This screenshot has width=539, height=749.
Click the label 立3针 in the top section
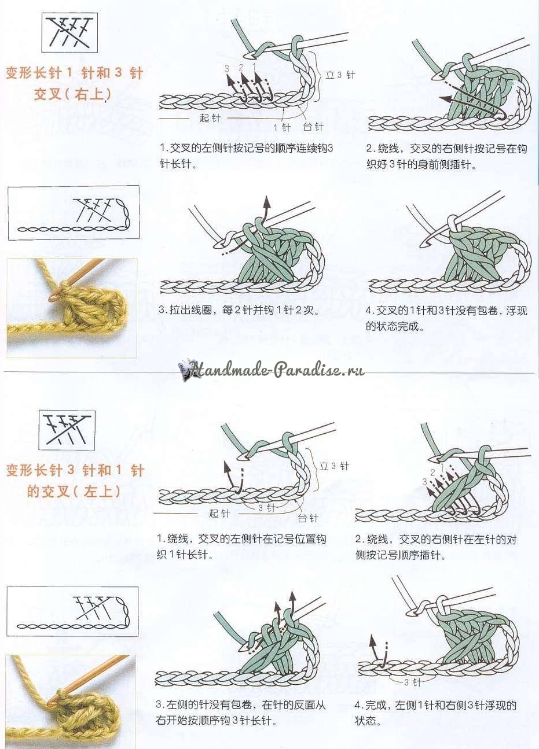tap(340, 75)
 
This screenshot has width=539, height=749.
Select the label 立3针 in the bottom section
tap(334, 466)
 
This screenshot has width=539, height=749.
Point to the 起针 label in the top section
tap(210, 118)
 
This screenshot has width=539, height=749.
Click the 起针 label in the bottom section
tap(219, 513)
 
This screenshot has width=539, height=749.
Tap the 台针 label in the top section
tap(313, 127)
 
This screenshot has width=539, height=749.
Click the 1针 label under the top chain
tap(282, 127)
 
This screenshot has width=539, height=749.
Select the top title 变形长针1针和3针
tap(75, 73)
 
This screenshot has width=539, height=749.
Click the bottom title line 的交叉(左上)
tap(74, 491)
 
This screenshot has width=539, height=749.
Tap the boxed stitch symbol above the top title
tap(69, 32)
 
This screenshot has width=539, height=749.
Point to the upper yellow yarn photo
tap(72, 308)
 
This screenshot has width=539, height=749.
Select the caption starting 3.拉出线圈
tap(239, 310)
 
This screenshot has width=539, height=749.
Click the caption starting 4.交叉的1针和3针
tap(446, 318)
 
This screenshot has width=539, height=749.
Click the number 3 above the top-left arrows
tap(228, 69)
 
